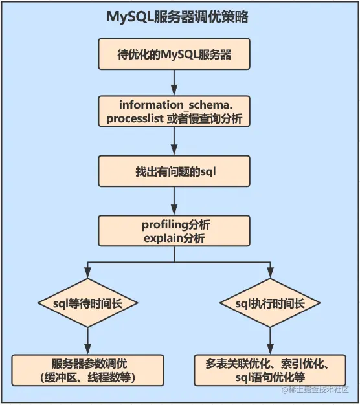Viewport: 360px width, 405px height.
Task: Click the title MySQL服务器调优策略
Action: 177,17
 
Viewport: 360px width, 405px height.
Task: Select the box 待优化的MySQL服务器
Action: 174,54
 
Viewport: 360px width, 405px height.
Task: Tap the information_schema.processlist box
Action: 174,111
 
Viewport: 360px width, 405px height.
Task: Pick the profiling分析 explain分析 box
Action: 174,230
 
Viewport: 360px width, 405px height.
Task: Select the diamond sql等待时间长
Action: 87,302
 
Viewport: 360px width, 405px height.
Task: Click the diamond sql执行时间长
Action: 270,302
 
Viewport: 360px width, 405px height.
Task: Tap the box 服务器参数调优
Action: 87,369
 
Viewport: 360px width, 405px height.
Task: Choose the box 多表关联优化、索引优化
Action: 270,369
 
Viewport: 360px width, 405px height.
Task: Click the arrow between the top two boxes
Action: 174,82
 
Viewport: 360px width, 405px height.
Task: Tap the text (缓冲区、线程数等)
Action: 87,377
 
